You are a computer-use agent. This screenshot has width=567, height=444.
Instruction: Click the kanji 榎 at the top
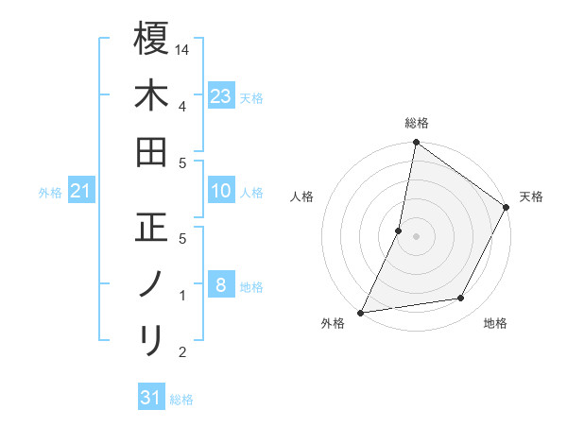(x=151, y=39)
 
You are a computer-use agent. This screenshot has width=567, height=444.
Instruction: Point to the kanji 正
(x=151, y=228)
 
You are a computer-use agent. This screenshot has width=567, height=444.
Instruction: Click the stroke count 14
(x=183, y=48)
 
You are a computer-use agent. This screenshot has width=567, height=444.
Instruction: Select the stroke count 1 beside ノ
(x=181, y=296)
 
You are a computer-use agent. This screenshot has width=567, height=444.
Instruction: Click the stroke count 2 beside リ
(x=181, y=352)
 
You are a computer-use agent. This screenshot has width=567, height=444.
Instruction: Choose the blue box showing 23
(x=221, y=96)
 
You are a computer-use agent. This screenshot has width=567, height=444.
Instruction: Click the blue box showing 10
(x=221, y=192)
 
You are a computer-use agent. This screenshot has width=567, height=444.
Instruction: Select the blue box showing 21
(x=81, y=192)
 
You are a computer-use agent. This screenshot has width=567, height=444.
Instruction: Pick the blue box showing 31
(x=151, y=398)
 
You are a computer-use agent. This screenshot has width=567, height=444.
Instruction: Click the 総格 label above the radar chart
(x=416, y=123)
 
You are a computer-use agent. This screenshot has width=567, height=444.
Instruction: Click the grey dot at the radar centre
(x=416, y=235)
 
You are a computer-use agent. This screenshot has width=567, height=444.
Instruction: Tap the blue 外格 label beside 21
(x=50, y=193)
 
